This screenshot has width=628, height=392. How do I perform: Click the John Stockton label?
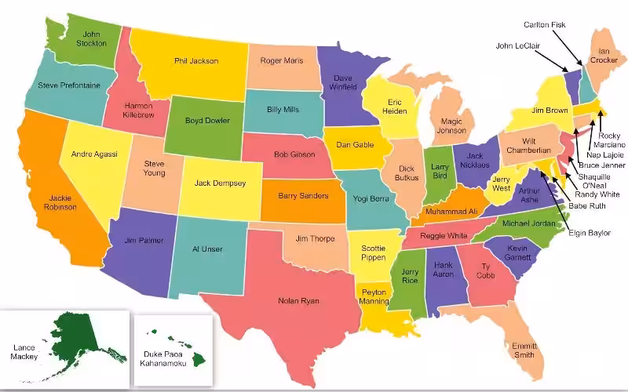(x=93, y=38)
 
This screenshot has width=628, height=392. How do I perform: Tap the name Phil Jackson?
(x=196, y=61)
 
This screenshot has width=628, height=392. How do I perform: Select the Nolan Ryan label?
(x=298, y=300)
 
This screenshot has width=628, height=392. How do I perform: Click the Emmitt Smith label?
(x=524, y=350)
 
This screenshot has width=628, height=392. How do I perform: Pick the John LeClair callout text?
(x=520, y=45)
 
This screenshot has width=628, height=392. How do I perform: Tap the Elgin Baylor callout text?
(x=590, y=233)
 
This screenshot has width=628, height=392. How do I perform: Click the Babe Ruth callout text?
(x=587, y=206)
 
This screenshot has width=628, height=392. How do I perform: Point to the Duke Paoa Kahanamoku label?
(x=167, y=358)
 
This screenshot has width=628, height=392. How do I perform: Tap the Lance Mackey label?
(x=24, y=351)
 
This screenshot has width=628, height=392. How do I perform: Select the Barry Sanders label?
(x=303, y=196)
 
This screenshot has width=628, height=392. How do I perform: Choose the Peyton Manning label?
(x=374, y=296)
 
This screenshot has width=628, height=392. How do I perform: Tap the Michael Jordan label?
(x=528, y=223)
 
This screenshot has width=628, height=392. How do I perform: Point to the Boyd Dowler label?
(x=207, y=121)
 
